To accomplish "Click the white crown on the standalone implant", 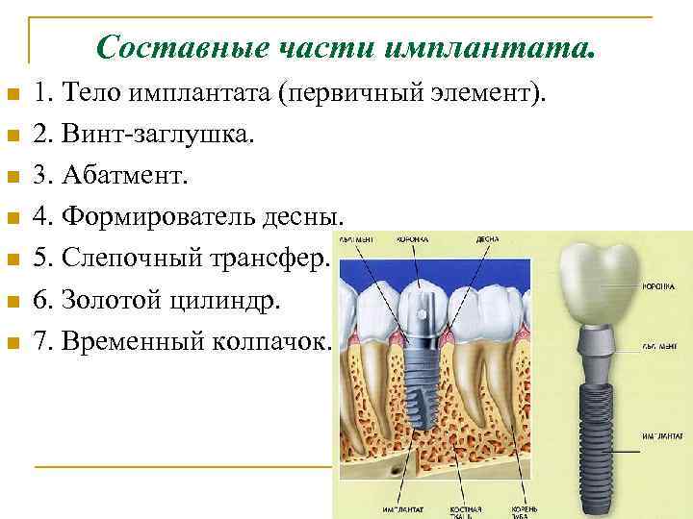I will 600,280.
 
